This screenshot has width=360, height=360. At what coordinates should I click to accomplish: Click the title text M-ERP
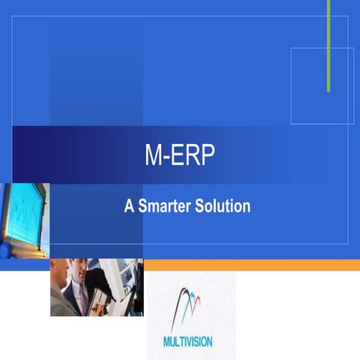[x=179, y=155]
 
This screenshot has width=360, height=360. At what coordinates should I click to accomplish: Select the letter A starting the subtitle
[x=129, y=206]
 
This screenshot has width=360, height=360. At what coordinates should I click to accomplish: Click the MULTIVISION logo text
[x=187, y=342]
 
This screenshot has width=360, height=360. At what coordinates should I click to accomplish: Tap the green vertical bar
[x=328, y=45]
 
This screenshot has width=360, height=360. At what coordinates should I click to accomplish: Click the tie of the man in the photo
[x=83, y=295]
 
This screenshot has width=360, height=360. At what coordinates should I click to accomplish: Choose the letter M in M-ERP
[x=152, y=155]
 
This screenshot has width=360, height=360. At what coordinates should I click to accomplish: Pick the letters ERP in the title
[x=193, y=155]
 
